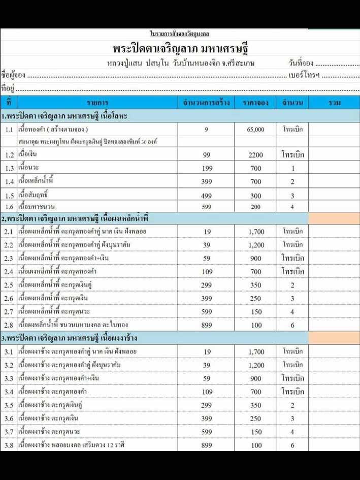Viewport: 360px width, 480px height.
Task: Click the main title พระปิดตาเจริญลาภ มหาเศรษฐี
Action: (x=180, y=49)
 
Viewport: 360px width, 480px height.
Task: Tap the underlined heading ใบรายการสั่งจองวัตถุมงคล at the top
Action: (x=180, y=34)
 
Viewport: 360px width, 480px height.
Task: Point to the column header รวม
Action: (x=334, y=103)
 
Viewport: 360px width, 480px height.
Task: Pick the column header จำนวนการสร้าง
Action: (x=206, y=103)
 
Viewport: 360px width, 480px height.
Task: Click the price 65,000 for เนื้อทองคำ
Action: (x=255, y=130)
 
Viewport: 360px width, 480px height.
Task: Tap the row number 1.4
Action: (x=9, y=182)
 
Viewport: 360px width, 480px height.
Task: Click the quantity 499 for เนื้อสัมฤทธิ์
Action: (x=206, y=196)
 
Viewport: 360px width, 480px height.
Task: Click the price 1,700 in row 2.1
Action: (x=256, y=232)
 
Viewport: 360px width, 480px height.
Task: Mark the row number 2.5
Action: (x=9, y=285)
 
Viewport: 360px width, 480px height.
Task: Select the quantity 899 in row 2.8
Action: (x=206, y=325)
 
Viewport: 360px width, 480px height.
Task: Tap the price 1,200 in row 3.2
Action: (x=256, y=365)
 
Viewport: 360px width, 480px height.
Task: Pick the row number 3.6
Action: (x=9, y=419)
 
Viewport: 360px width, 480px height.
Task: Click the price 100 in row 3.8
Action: (x=256, y=445)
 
